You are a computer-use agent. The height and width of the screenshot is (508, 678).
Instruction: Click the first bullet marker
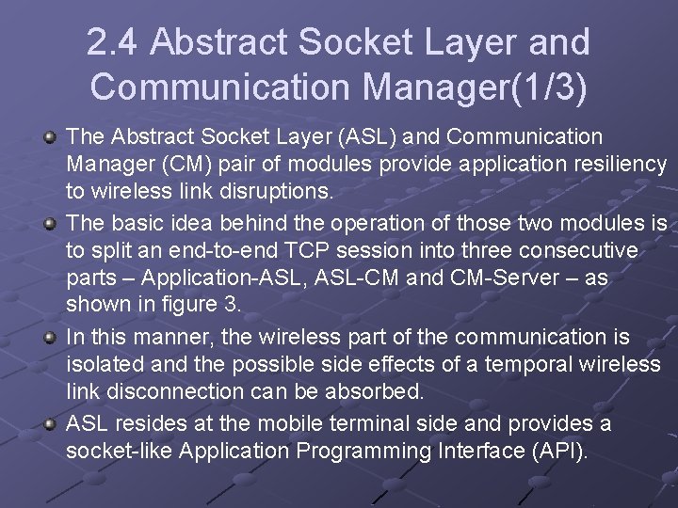52,138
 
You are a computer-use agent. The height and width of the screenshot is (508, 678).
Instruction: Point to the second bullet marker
52,224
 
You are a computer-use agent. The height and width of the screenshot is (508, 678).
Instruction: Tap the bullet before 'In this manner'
52,337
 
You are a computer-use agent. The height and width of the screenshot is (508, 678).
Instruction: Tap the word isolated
101,365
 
